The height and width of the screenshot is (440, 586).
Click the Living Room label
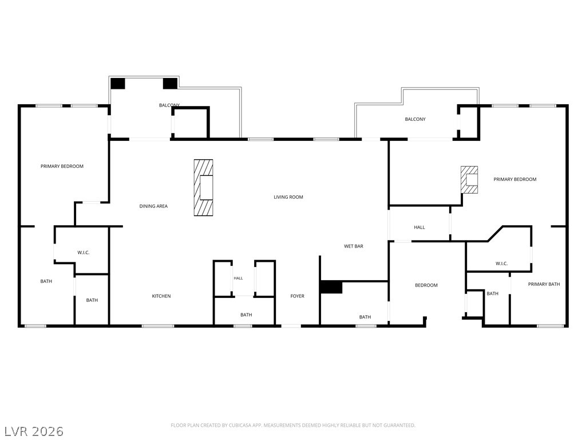coord(288,197)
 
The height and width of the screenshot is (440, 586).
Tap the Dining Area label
coord(153,206)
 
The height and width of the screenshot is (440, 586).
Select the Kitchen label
coord(161,296)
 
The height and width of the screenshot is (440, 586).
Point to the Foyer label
coord(297,296)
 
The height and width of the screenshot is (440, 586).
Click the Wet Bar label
coord(354,246)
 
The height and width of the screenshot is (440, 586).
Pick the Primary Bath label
coord(544,284)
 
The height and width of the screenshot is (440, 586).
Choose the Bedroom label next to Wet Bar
coord(426,285)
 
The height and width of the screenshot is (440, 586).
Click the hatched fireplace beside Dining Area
coord(203,187)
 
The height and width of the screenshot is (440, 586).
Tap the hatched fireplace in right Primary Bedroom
coord(469,179)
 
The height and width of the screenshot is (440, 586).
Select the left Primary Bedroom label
coord(62,166)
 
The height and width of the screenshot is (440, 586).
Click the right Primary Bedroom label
coord(514,179)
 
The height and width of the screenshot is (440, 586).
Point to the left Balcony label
coord(169,105)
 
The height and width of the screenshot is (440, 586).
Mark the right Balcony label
coord(415,119)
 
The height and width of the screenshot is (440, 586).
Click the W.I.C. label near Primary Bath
coord(501,264)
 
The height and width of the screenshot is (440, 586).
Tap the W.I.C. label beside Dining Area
coord(84,253)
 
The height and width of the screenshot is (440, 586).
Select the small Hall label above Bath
coord(238,278)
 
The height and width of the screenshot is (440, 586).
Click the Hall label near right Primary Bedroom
coord(419,227)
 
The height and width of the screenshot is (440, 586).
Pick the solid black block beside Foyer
coord(331,288)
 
